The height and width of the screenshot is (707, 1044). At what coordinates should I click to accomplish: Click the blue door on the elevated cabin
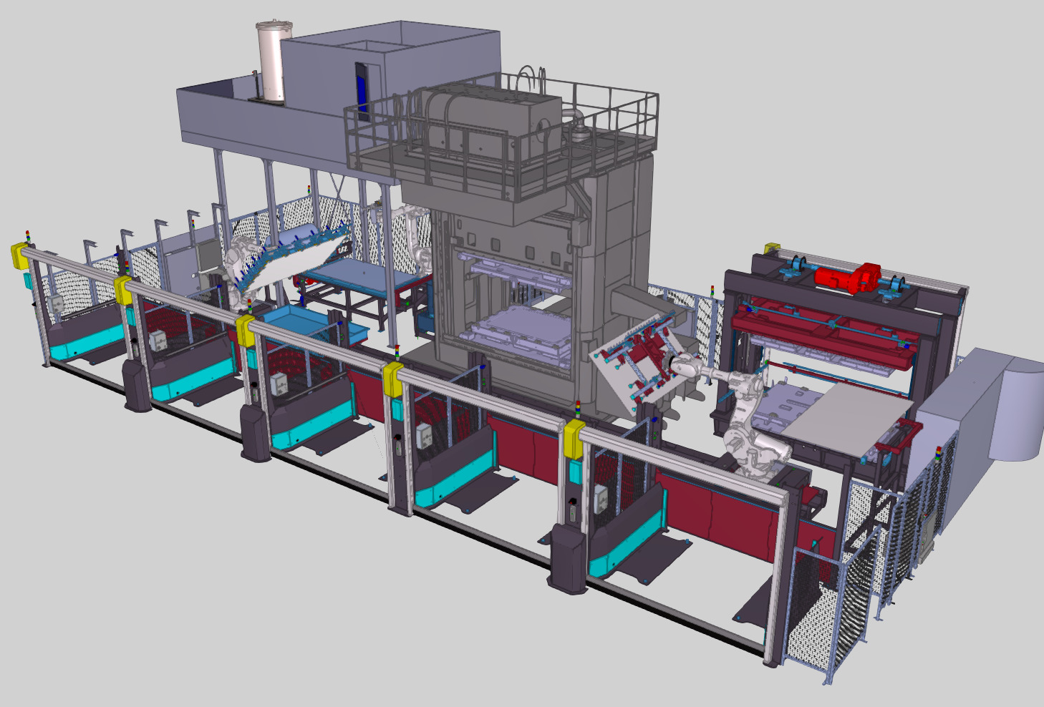(362, 89)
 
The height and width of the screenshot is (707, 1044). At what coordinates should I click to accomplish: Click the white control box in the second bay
(156, 341)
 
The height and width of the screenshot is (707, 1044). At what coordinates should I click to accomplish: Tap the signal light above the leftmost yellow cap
(28, 235)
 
